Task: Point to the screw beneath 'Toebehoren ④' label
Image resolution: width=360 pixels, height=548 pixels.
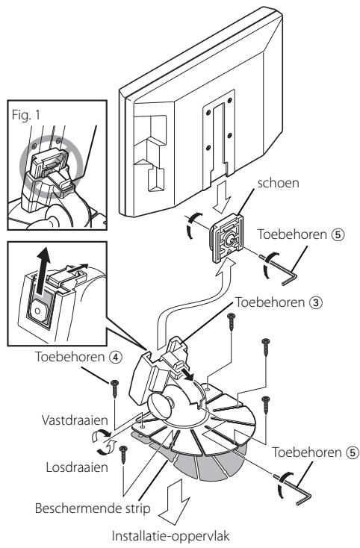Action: click(115, 390)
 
